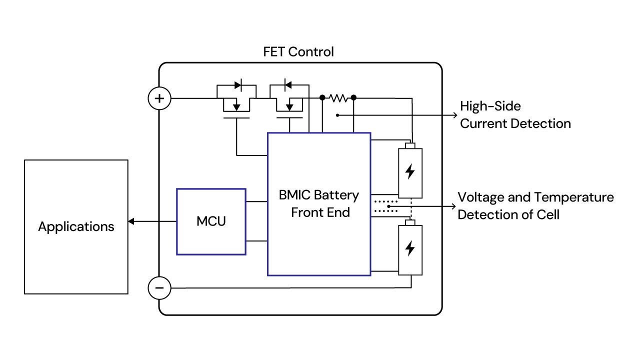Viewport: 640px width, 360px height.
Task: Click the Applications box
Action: [x=76, y=226]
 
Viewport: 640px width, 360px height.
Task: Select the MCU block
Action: [x=211, y=221]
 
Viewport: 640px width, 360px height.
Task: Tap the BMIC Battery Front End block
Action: [x=318, y=203]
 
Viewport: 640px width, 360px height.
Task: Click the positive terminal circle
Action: [x=159, y=98]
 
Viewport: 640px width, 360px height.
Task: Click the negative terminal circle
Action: [x=159, y=288]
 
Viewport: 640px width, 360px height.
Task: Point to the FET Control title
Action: [x=298, y=51]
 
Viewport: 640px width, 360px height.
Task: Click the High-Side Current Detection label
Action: [x=515, y=115]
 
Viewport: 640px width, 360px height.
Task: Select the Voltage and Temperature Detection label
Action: [x=535, y=206]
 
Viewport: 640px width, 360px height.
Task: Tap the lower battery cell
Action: [x=410, y=248]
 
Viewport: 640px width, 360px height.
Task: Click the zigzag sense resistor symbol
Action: [x=338, y=97]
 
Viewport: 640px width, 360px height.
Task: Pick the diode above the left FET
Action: [x=238, y=85]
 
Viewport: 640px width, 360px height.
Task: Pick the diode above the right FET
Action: [x=287, y=85]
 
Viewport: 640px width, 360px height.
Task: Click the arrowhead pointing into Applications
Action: [x=131, y=221]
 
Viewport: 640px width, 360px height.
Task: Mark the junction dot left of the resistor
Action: [x=322, y=97]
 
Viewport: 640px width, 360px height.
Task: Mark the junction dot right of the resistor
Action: [x=353, y=97]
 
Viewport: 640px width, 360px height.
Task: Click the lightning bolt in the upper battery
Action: [x=410, y=171]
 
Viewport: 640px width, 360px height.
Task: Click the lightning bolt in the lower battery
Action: [x=410, y=248]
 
